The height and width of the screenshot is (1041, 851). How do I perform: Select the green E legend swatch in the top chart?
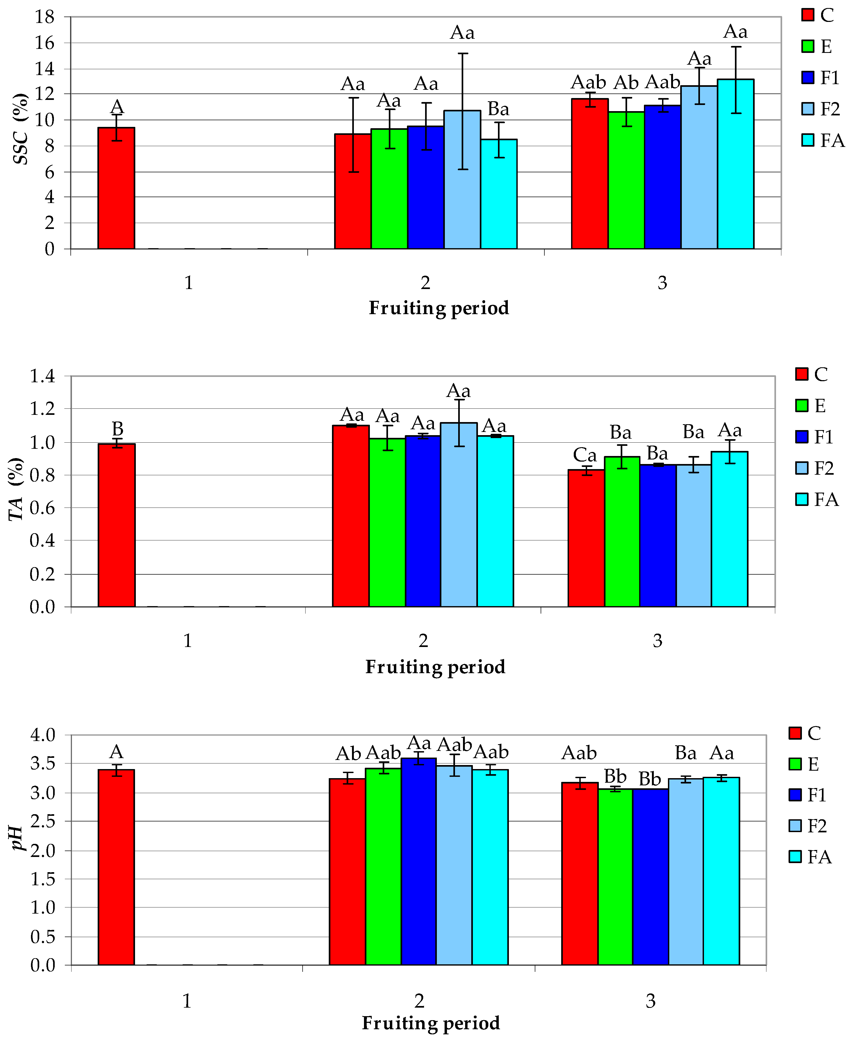[x=808, y=46]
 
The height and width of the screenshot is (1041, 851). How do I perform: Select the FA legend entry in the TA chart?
[x=817, y=500]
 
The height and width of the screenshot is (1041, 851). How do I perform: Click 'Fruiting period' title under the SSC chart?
[x=439, y=308]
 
